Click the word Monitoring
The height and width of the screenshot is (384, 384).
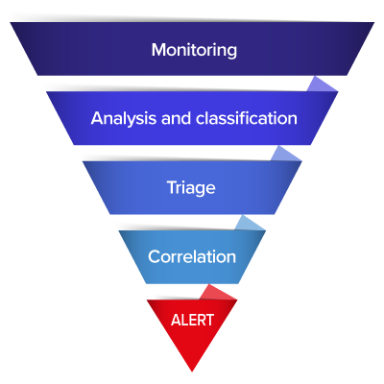coord(194,50)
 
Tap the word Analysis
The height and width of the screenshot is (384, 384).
coord(124,119)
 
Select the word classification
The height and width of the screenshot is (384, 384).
coord(247,118)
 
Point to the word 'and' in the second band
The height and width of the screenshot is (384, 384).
coord(177,118)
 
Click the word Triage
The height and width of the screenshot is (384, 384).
coord(191,188)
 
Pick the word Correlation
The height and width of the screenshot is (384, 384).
coord(192,256)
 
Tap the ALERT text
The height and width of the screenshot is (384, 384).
coord(192,320)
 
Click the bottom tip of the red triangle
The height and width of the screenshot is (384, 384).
coord(192,372)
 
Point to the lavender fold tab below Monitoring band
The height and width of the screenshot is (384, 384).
coord(322,85)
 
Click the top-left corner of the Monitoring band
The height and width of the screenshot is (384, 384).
coord(11,22)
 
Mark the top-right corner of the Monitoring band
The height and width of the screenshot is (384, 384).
coord(374,22)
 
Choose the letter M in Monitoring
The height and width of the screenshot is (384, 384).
coord(158,50)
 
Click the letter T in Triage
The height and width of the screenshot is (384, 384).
coord(172,187)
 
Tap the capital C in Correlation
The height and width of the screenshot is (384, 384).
coord(154,256)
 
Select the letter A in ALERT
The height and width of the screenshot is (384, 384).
coord(177,320)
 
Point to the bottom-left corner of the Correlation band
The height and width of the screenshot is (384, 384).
coord(146,283)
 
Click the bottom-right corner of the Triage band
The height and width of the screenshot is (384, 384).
coord(275,214)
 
